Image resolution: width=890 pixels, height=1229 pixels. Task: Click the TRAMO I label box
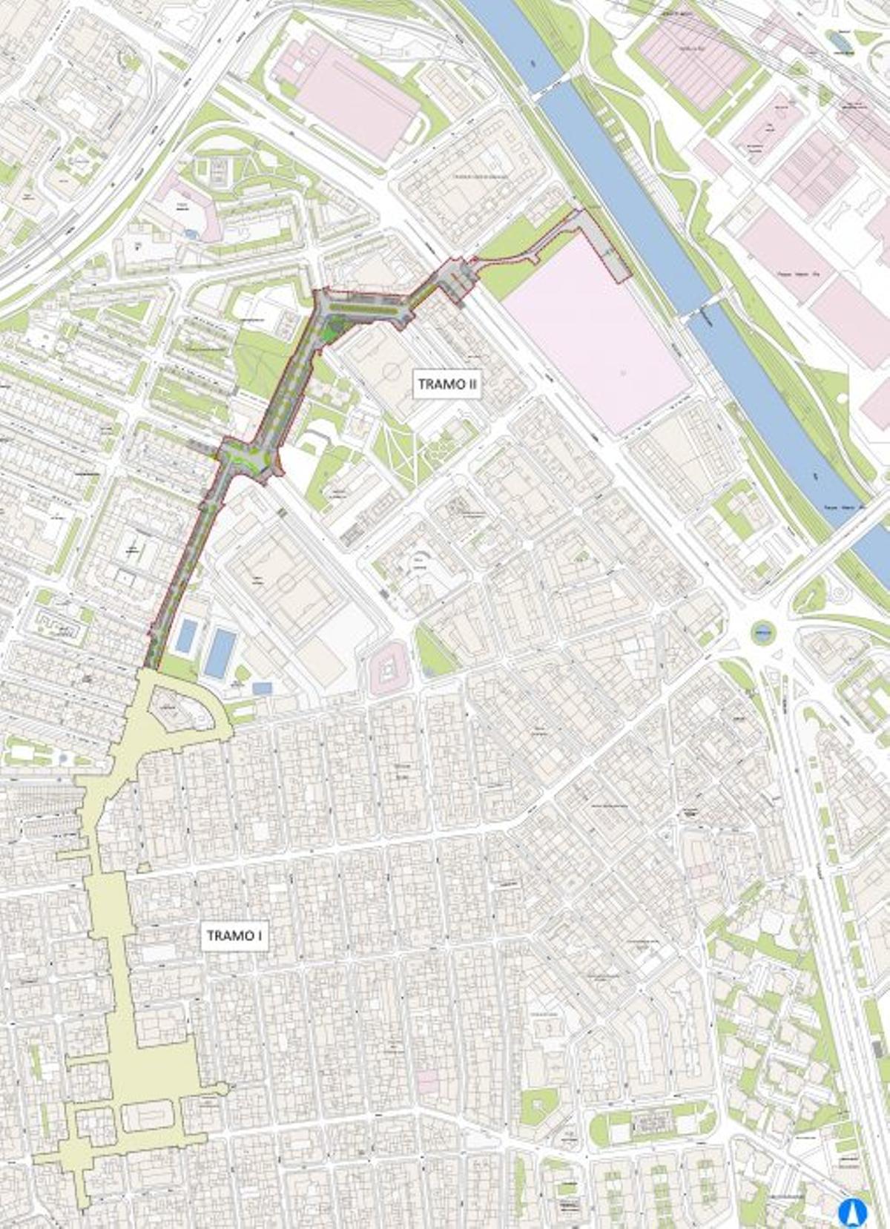pyautogui.click(x=234, y=935)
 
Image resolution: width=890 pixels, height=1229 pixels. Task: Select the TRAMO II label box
pyautogui.click(x=446, y=383)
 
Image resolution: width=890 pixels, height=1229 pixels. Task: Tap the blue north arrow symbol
pyautogui.click(x=852, y=1212)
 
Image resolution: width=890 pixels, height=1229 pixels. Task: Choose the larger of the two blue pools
pyautogui.click(x=220, y=653)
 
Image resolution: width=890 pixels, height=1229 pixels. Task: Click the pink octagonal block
pyautogui.click(x=388, y=672)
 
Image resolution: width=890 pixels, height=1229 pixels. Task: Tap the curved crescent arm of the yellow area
pyautogui.click(x=219, y=712)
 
